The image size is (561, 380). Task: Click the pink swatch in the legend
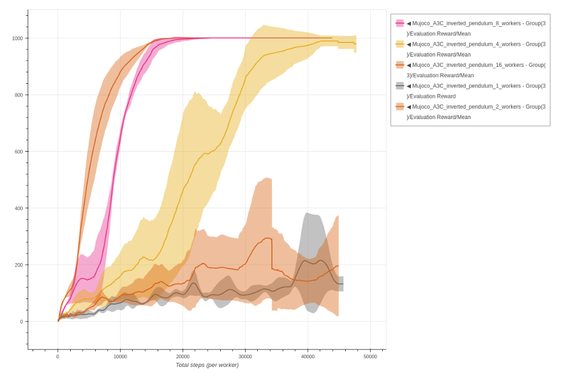point(400,23)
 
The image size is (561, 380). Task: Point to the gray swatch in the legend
point(400,86)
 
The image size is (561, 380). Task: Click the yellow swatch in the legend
point(400,44)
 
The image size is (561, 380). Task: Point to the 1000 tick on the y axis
point(17,39)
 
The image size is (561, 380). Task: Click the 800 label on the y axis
point(19,95)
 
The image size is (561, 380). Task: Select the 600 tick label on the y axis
point(19,152)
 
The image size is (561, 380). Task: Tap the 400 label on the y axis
point(19,208)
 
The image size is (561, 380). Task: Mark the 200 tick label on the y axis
point(19,265)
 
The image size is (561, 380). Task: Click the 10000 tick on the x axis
point(120,357)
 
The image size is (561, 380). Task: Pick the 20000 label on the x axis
point(183,357)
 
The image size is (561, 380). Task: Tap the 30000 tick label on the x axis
point(245,357)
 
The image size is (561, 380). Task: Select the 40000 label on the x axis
point(308,357)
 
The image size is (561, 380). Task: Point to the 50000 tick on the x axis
point(370,357)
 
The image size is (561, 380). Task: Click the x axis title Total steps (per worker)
point(207,365)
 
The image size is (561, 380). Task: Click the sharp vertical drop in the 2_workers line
point(272,253)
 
